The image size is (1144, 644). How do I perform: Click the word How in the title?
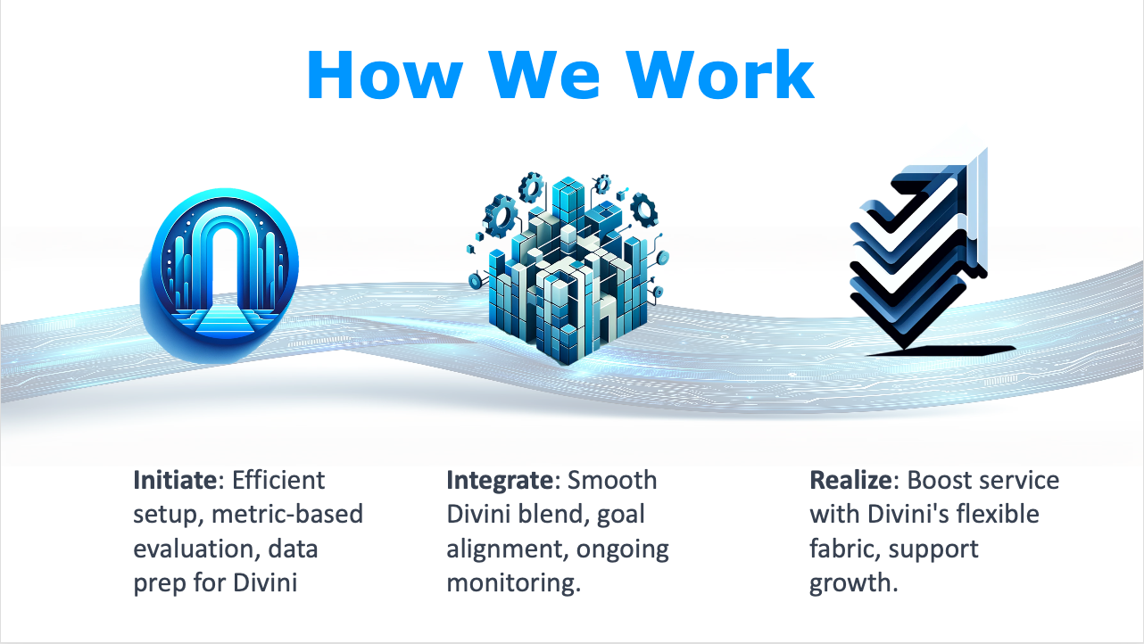385,75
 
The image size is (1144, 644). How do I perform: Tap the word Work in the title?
720,75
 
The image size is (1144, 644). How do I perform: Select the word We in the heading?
544,75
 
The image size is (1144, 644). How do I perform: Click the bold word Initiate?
176,480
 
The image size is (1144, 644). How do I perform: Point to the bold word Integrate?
500,480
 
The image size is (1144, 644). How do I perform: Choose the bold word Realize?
851,480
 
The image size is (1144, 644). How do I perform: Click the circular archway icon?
220,276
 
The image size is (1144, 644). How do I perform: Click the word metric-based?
287,514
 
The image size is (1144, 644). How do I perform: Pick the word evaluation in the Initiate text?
194,549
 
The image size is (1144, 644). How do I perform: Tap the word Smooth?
612,480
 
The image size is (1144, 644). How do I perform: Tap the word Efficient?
278,480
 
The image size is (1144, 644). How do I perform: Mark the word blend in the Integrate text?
551,514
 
